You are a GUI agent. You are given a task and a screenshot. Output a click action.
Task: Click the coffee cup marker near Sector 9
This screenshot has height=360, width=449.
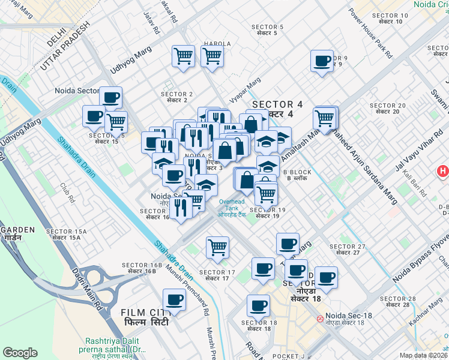point(322,61)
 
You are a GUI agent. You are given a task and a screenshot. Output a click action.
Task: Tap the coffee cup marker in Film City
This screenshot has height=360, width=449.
point(175,299)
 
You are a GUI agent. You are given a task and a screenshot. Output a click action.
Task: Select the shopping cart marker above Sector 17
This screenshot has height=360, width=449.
point(217,247)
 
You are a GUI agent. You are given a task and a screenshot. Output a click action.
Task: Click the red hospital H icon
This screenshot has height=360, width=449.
point(443,172)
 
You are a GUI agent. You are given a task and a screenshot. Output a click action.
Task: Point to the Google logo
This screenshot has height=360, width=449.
point(20,353)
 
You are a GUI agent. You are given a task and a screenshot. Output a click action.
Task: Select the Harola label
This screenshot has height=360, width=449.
point(217,44)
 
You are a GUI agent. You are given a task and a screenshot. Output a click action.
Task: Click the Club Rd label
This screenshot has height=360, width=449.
point(67,194)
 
